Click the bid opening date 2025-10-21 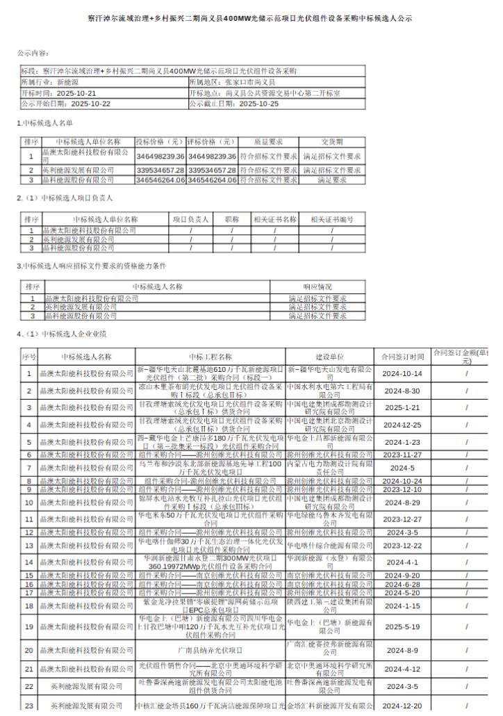(76, 92)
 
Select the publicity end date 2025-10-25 (258, 103)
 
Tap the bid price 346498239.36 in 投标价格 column (160, 156)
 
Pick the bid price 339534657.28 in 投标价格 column (160, 170)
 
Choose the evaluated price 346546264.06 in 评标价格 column (212, 179)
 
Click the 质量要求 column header (268, 141)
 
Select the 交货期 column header (332, 141)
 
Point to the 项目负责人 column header (190, 219)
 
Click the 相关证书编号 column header (332, 219)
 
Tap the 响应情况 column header (318, 286)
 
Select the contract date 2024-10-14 (402, 373)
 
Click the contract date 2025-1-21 (402, 407)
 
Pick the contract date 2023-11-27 (402, 455)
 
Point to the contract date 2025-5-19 (402, 626)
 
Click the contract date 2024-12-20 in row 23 (402, 705)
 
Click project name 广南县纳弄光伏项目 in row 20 (210, 651)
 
